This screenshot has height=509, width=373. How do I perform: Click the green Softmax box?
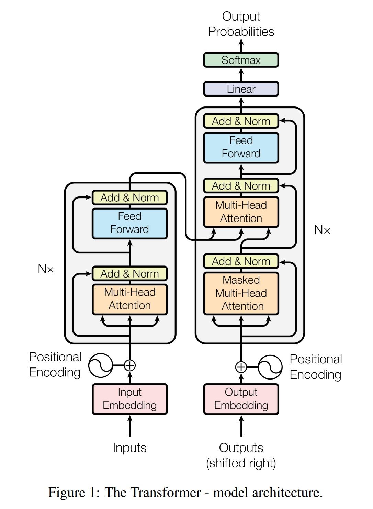coord(241,60)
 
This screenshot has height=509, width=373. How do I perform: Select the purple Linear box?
coord(241,89)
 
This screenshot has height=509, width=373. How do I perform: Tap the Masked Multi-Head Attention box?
coord(241,293)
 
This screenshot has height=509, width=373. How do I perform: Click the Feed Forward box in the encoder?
coord(129,223)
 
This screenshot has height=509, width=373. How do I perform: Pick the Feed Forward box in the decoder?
coord(241,147)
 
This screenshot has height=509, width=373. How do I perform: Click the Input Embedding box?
coord(129,399)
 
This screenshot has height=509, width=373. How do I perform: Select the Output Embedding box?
coord(241,399)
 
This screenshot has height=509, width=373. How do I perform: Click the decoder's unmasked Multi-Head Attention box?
coord(241,212)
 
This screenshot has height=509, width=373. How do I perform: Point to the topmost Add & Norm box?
coord(241,121)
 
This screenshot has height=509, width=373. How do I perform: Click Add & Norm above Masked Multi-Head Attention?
coord(241,261)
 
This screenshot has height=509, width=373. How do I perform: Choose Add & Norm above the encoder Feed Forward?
coord(129,198)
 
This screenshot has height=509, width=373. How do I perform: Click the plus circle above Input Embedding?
coord(129,365)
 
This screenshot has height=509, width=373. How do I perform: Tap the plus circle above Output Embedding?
coord(241,367)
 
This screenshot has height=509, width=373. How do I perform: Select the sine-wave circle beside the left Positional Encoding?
coord(100,365)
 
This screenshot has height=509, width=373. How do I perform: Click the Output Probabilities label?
coord(241,24)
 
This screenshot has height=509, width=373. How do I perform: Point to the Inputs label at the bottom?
coord(129,448)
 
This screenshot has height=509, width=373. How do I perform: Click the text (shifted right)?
coord(241,463)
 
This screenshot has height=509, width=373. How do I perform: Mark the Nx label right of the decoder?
coord(322,230)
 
